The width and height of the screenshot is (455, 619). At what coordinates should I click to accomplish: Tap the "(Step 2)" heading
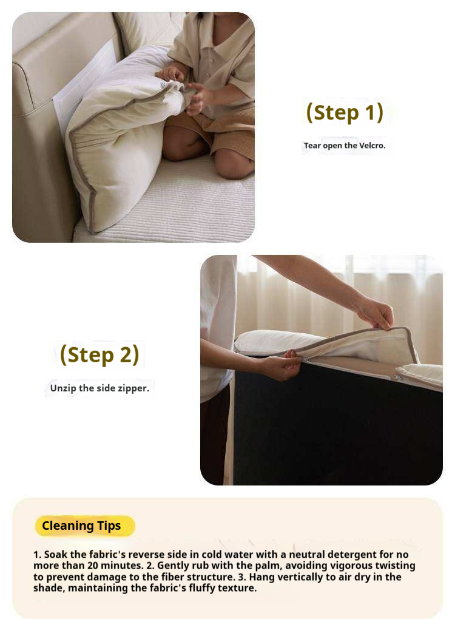[99, 354]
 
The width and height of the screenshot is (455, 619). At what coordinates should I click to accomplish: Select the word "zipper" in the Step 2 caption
[133, 388]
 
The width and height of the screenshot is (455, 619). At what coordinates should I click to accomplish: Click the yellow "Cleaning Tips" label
[81, 526]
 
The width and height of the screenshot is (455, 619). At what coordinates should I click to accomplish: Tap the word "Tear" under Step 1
[312, 145]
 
